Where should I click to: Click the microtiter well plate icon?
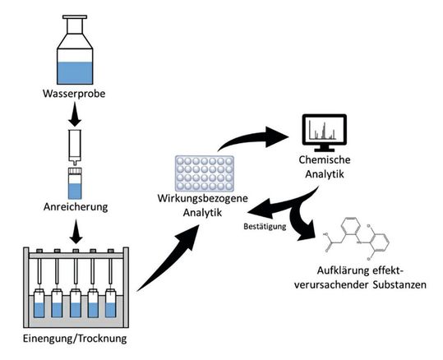(202, 173)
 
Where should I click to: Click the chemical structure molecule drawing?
(366, 238)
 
